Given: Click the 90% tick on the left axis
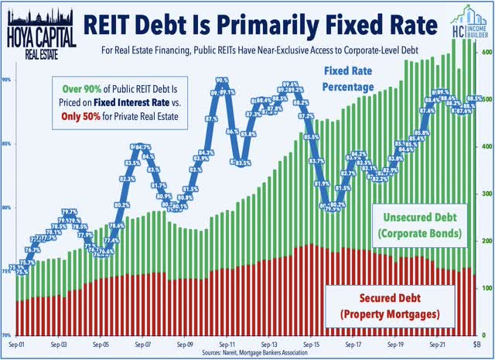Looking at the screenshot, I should [6, 80].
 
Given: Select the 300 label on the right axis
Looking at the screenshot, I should [486, 194].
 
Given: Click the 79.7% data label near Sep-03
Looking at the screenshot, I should [70, 211].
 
